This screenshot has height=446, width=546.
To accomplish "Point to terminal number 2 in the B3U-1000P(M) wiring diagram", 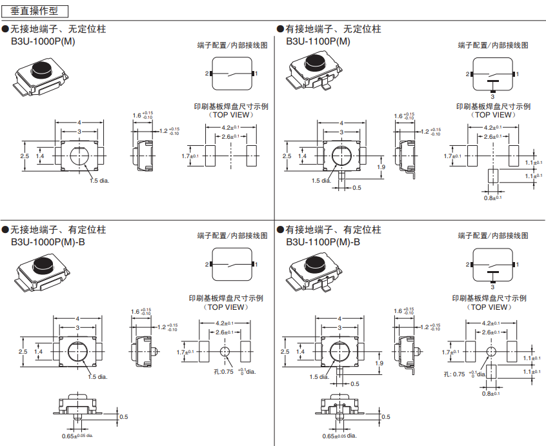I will coord(207,74).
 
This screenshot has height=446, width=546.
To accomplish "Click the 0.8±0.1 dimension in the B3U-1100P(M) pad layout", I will coord(492,198).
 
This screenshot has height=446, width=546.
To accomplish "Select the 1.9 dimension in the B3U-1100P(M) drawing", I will coord(380,167).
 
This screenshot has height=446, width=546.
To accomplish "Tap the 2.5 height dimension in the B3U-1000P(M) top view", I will coord(24,156).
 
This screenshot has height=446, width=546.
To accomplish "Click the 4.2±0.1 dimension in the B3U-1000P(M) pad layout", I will coord(230,128).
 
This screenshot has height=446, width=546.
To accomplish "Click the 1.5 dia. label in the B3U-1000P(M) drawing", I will coord(99,180).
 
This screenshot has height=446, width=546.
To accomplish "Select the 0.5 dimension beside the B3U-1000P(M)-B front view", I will coord(124,417).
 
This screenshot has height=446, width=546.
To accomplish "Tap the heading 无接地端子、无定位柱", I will coord(58,29).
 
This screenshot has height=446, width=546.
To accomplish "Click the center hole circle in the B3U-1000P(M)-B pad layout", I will coord(225,352).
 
